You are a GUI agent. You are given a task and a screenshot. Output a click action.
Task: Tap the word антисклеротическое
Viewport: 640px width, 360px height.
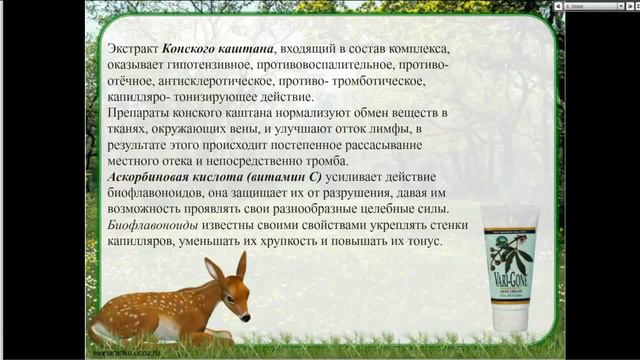(x=215, y=81)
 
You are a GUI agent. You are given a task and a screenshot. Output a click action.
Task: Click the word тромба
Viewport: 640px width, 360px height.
(x=322, y=161)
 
